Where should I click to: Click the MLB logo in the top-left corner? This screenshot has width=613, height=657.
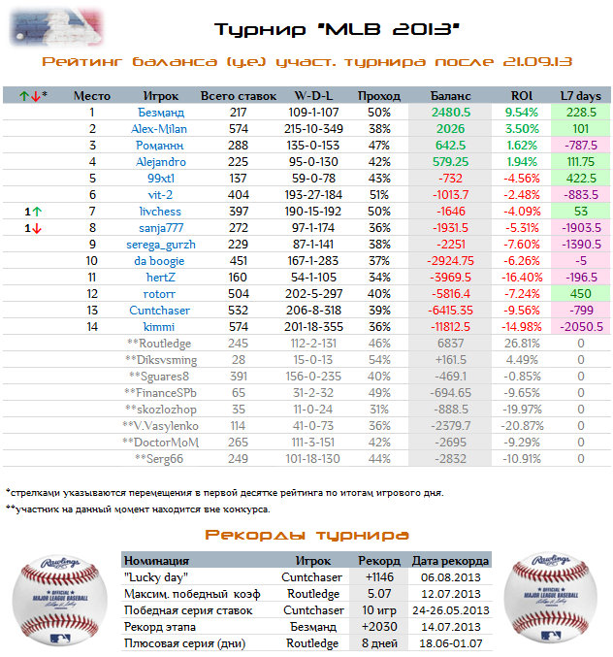tap(56, 27)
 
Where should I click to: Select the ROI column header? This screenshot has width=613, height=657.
tap(521, 96)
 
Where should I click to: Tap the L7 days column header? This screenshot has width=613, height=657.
tap(580, 96)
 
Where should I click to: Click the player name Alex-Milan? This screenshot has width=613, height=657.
tap(159, 129)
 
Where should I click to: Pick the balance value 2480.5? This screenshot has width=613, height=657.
tap(451, 113)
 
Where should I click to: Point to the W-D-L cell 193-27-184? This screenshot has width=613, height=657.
tap(313, 195)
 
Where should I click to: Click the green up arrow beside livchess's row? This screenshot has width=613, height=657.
tap(37, 212)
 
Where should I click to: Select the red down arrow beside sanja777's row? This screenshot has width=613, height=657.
tap(37, 228)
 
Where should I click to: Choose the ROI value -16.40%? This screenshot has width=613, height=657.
tap(522, 278)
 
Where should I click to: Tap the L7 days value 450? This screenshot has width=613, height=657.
tap(580, 294)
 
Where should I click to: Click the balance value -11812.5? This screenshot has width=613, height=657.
tap(451, 327)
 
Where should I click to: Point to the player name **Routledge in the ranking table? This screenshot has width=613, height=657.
tap(159, 344)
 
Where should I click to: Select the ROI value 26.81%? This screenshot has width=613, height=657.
tap(522, 344)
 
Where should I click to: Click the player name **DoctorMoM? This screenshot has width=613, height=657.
tap(160, 443)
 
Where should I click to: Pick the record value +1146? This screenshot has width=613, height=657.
tap(379, 577)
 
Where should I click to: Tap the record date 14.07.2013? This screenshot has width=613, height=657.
tap(451, 627)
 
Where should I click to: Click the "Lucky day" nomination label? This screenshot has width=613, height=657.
tap(156, 577)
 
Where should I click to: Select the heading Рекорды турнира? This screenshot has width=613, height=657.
tap(306, 535)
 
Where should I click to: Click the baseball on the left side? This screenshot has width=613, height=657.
tap(59, 600)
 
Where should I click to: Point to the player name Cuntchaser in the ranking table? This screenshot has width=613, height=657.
tap(159, 311)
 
